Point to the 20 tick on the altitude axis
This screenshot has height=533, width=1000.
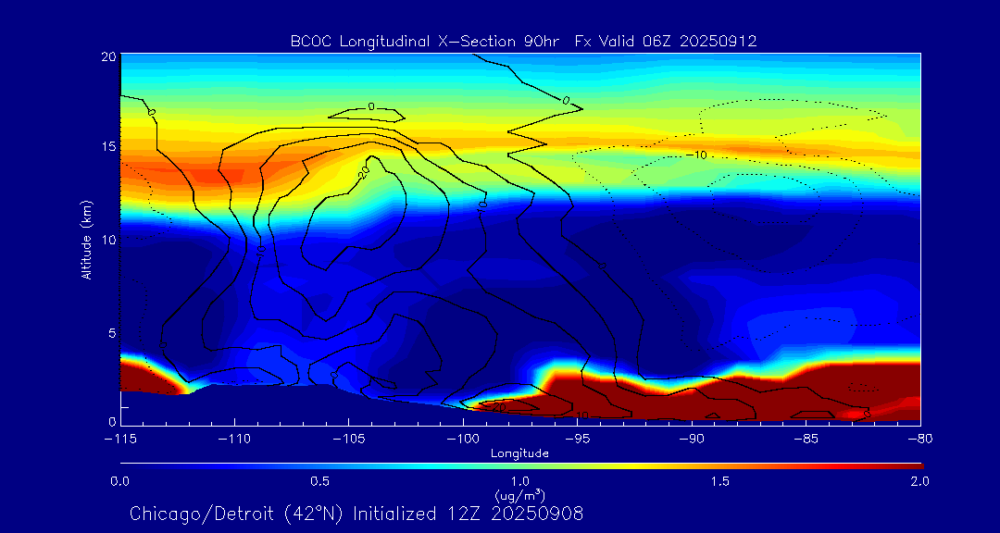coord(107,56)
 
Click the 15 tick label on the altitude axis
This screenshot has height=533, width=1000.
coord(107,147)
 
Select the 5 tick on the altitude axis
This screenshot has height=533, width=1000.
coord(110,331)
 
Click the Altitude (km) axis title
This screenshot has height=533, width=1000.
coord(86,239)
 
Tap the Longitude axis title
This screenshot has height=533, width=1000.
coord(519,453)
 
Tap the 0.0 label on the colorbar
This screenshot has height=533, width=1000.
coord(119,481)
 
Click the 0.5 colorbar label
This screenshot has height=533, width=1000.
coord(320,481)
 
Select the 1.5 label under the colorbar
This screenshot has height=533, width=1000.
coord(720,481)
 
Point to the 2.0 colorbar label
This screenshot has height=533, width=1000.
coord(919,481)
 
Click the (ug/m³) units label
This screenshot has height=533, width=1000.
coord(519,495)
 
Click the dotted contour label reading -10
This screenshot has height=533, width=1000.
coord(699,155)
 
